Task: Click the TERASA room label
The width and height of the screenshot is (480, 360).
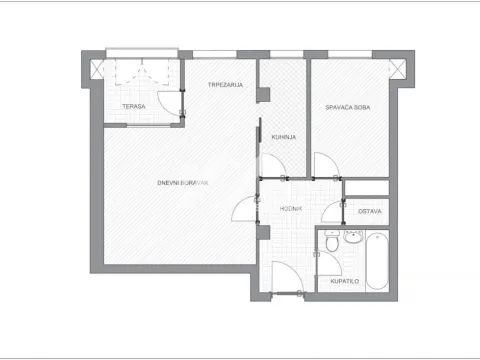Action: pos(134,106)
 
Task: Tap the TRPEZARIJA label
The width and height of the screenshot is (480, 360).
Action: pos(225,85)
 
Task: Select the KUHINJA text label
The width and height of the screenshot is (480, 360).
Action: pos(284,137)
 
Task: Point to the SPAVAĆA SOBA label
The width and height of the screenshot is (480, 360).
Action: pos(348,107)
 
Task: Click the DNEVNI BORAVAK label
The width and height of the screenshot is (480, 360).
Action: pos(183,183)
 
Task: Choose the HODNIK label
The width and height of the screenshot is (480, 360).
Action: pos(291,209)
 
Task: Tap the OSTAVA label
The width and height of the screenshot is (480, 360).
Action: pos(370,211)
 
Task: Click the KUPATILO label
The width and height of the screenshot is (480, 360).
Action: pos(345,281)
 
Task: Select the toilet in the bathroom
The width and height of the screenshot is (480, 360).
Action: pos(332,241)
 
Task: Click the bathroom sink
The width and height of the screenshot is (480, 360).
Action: pos(353,237)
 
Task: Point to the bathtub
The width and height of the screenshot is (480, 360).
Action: pos(377,261)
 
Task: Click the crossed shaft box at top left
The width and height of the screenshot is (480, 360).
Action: pos(97,69)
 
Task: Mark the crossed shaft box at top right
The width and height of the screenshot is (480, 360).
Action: pos(398,69)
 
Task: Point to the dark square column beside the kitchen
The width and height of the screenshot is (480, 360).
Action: pos(263,95)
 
